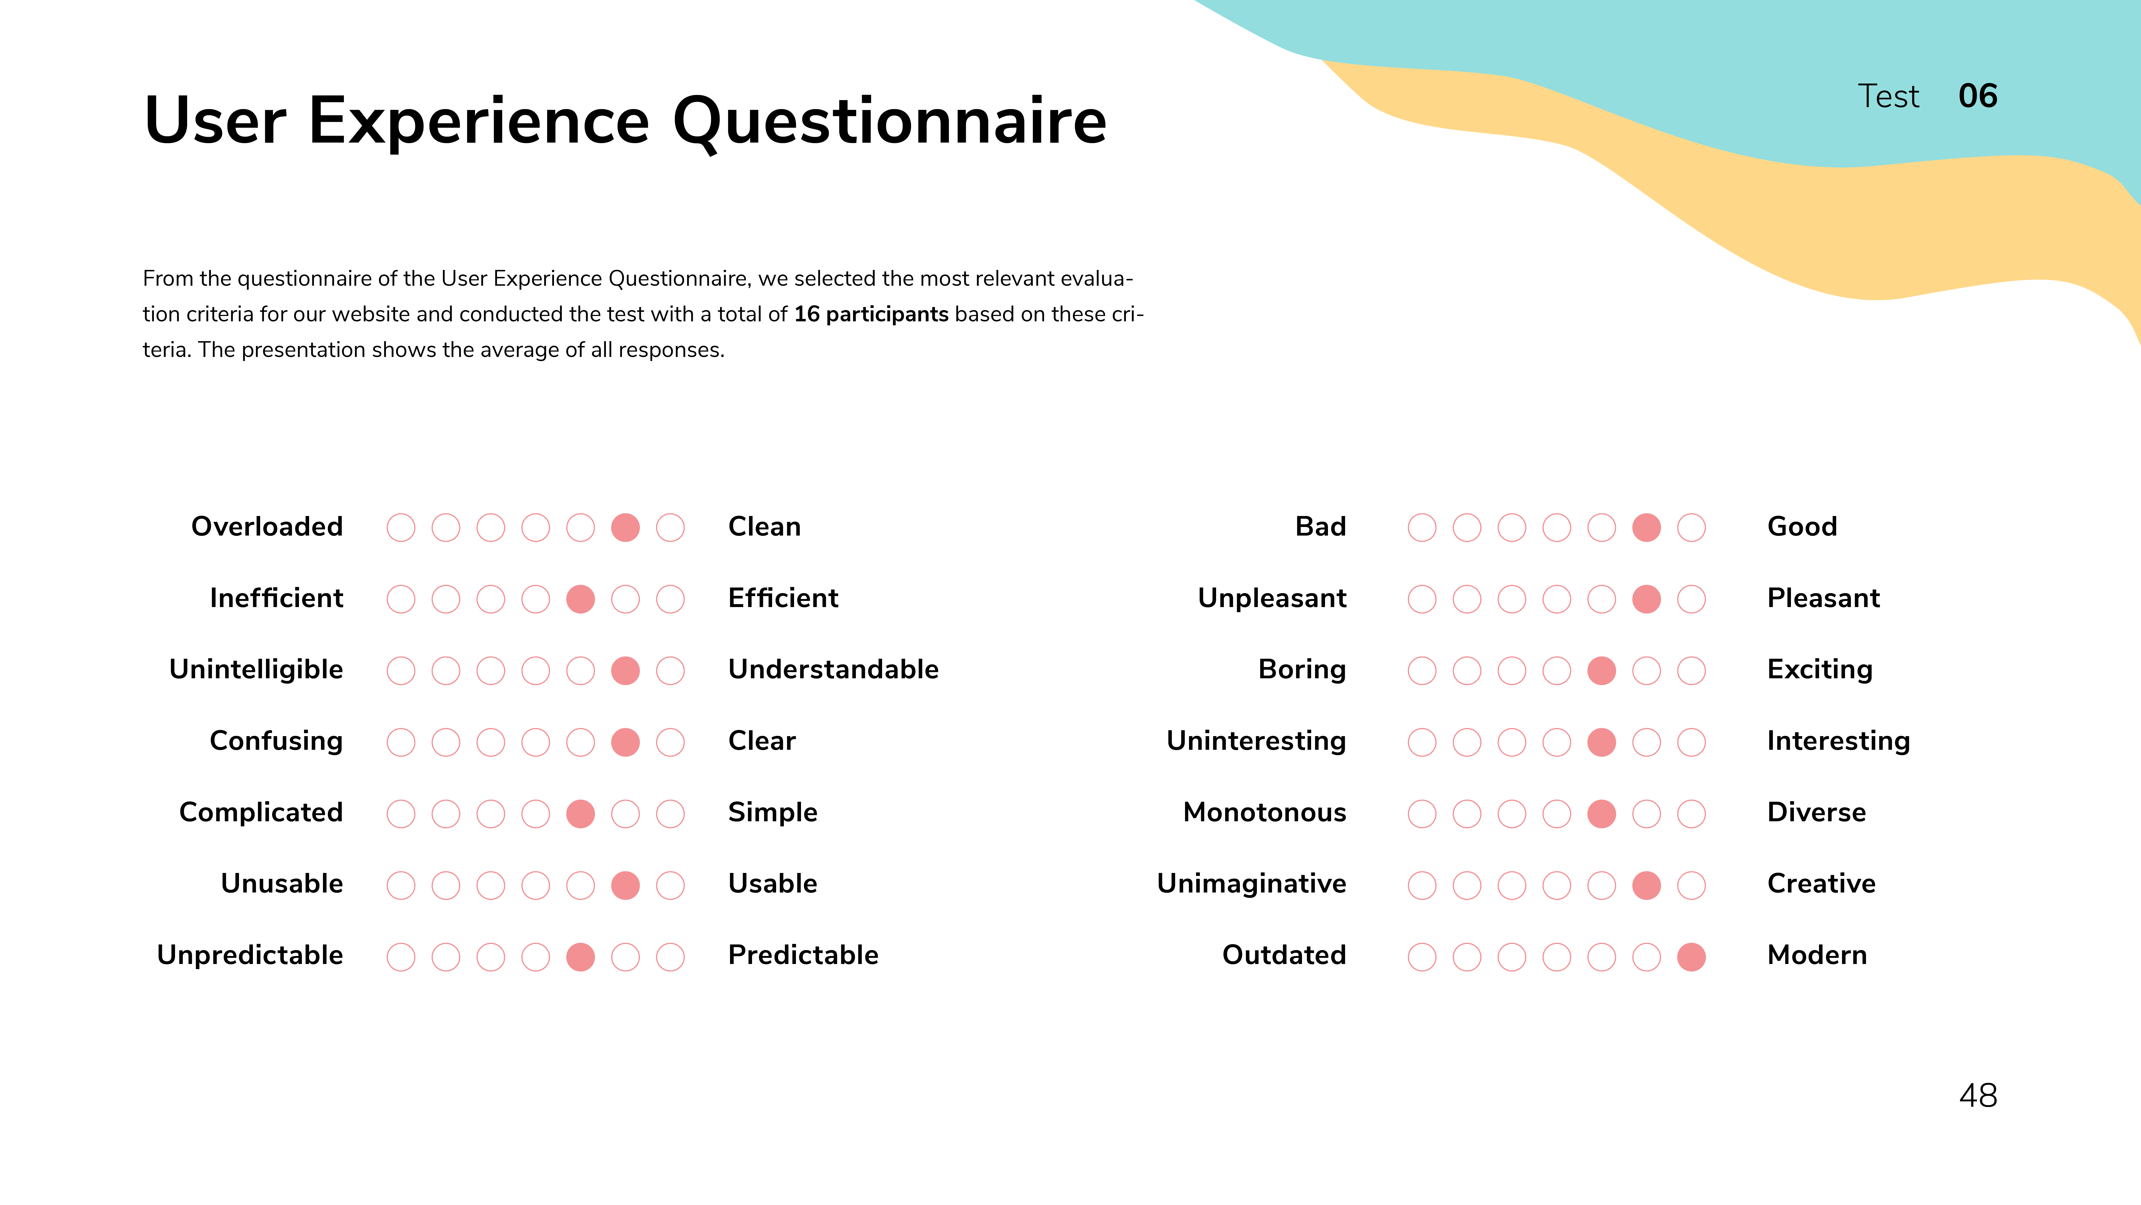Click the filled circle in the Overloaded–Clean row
(625, 527)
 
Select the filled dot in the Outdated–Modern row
(1691, 956)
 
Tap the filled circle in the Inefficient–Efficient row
(580, 599)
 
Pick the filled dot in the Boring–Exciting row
(1601, 670)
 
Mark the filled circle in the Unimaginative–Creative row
(1646, 885)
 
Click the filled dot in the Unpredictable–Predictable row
(580, 956)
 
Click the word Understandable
(833, 669)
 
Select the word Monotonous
(1264, 812)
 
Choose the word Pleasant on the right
(1824, 598)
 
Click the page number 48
(1978, 1096)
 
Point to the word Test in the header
(1888, 96)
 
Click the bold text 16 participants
(871, 314)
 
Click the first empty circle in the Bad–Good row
(1422, 527)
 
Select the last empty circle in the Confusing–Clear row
(670, 742)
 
